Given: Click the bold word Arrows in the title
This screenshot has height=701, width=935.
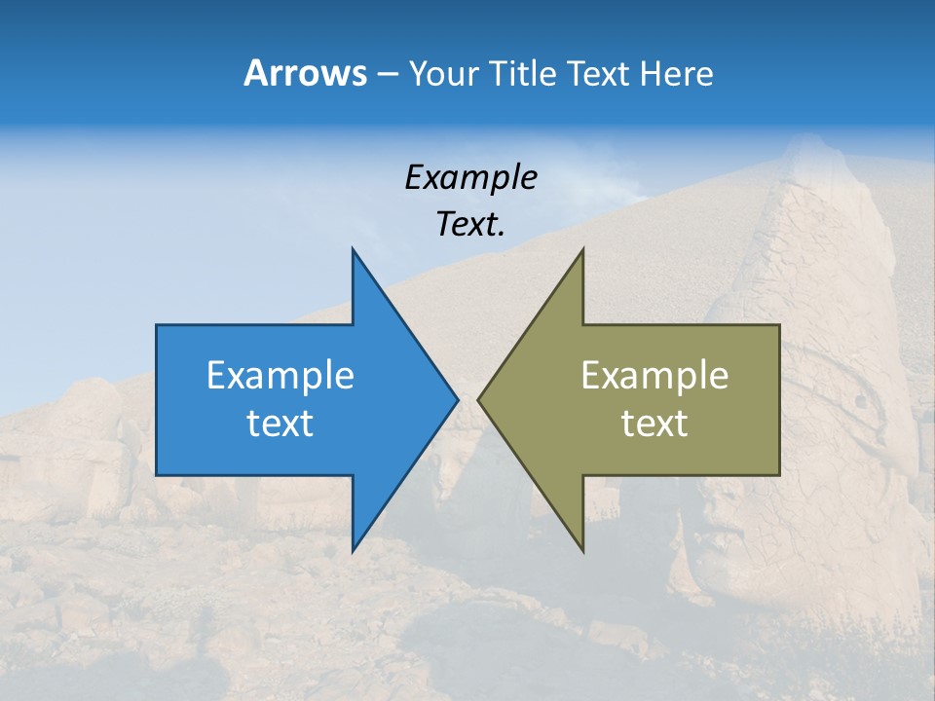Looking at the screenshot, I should [304, 73].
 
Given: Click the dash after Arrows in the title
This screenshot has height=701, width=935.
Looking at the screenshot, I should [387, 75].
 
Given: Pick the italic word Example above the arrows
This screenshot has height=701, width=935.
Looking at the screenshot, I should [471, 178].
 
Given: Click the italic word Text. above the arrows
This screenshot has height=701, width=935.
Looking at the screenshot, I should [471, 225].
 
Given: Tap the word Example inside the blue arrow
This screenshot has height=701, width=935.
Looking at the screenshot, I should [280, 376].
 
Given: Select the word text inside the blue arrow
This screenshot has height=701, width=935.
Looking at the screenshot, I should [280, 424].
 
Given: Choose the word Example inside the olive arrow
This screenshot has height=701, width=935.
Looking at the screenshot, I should [654, 376].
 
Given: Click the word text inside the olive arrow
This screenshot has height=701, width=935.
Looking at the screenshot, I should [654, 424].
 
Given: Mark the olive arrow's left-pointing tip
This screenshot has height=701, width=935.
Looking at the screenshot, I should [479, 399].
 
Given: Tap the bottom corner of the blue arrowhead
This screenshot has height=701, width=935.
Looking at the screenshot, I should [354, 549].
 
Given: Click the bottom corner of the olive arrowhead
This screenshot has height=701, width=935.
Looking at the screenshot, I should [581, 549].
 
